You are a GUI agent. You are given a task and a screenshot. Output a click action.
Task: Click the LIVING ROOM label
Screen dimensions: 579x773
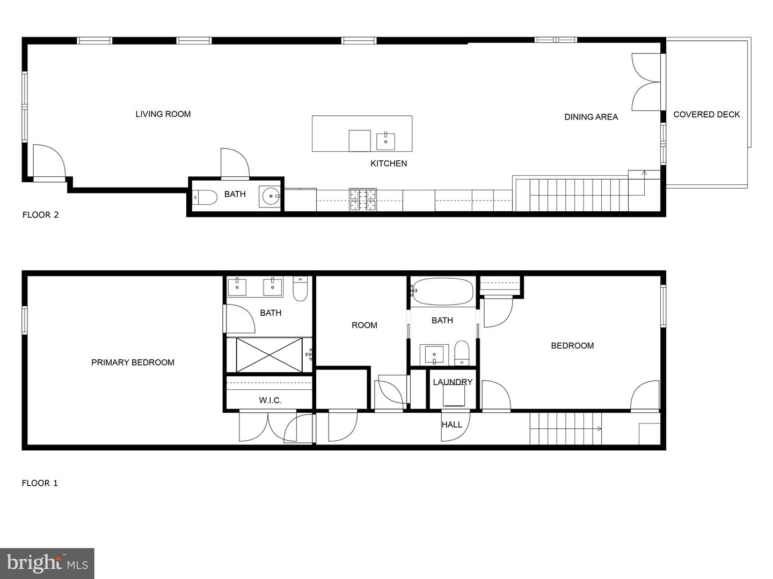(163, 114)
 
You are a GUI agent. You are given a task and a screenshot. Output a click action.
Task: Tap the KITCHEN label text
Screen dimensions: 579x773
(389, 164)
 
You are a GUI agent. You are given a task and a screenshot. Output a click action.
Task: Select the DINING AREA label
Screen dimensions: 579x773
(590, 117)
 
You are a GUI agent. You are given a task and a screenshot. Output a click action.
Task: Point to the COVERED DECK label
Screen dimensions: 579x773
(706, 114)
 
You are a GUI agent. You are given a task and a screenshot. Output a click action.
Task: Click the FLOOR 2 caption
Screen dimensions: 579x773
(40, 215)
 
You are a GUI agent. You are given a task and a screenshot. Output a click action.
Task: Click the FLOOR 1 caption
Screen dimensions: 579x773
(40, 483)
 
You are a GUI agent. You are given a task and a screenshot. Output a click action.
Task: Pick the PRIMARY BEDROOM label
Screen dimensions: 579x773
(133, 362)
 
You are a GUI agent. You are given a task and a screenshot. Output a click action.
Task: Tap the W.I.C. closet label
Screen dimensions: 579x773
(270, 400)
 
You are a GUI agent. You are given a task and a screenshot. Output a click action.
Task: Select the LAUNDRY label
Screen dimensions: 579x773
(453, 382)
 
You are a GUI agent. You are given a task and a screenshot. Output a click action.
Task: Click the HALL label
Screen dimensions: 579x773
(451, 425)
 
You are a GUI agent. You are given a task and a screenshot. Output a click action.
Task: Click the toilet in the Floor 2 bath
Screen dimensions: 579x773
(205, 197)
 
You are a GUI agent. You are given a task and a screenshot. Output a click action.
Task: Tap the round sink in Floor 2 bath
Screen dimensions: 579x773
(269, 197)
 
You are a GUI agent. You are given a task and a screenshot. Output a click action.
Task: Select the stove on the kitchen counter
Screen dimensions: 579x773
(363, 199)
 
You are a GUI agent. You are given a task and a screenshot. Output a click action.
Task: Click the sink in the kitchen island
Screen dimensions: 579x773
(385, 142)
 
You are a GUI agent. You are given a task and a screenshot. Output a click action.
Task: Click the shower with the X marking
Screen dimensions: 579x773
(269, 354)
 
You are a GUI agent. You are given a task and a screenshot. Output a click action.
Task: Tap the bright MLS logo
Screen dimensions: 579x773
(47, 563)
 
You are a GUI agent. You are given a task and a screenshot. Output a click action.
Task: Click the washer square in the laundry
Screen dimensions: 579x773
(454, 396)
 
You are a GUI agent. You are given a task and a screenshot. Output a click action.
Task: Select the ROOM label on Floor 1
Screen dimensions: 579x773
(364, 325)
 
